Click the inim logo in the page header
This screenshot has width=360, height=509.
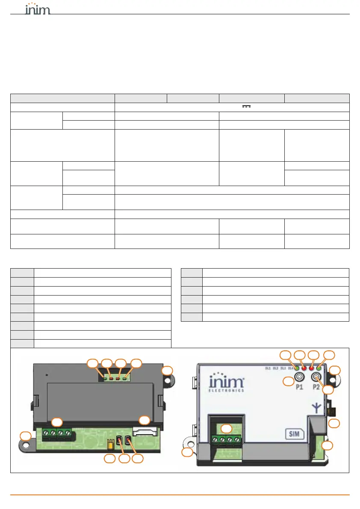coord(38,9)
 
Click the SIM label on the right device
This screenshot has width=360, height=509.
coord(294,435)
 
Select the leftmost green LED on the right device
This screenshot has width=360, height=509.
coord(297,367)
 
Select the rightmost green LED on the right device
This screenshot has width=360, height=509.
coord(319,367)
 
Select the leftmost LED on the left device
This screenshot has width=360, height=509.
coord(105,378)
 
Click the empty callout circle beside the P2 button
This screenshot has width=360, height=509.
coord(328,389)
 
